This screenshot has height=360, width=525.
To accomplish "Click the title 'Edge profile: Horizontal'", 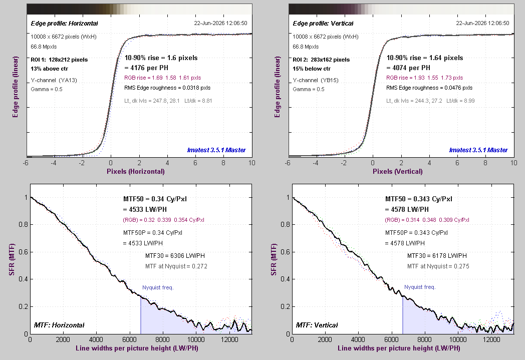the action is (x=64, y=24).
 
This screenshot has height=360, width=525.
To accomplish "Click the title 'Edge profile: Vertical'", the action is (x=323, y=24).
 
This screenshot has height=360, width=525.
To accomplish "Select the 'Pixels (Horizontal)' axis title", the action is (x=136, y=171).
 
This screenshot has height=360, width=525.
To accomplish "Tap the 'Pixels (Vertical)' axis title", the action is (x=398, y=171).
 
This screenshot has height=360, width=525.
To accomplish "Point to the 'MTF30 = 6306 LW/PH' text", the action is (x=175, y=256).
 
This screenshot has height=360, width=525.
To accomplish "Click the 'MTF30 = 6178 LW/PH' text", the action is (x=437, y=256).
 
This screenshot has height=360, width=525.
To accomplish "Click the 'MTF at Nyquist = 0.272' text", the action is (x=176, y=266).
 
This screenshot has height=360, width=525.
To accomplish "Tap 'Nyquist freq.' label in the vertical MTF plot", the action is (x=420, y=287).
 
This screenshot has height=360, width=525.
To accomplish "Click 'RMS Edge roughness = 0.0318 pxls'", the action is (x=167, y=88).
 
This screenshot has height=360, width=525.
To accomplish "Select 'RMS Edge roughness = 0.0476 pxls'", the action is (x=430, y=88).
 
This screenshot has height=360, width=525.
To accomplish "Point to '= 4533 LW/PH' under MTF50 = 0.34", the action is (x=145, y=209).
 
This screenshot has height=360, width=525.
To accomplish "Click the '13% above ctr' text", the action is (x=50, y=69).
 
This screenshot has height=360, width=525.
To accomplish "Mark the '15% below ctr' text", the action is (x=312, y=69).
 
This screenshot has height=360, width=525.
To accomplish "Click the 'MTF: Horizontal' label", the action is (x=59, y=325).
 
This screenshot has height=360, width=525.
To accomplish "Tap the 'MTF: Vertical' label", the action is (x=317, y=325).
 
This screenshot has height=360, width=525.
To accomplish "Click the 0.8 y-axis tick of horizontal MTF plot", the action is (x=24, y=224).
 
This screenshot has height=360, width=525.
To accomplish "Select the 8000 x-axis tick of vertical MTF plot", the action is (x=424, y=339).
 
